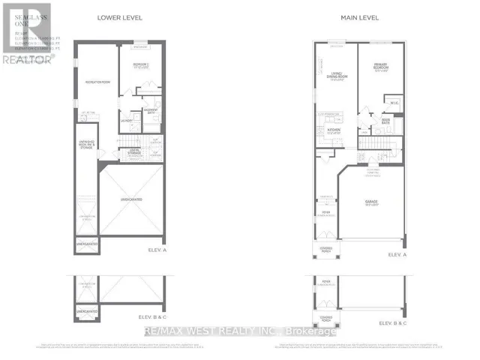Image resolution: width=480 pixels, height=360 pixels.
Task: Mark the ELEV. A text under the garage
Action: click(397, 255)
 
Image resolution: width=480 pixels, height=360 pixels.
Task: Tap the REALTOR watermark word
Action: click(27, 58)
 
